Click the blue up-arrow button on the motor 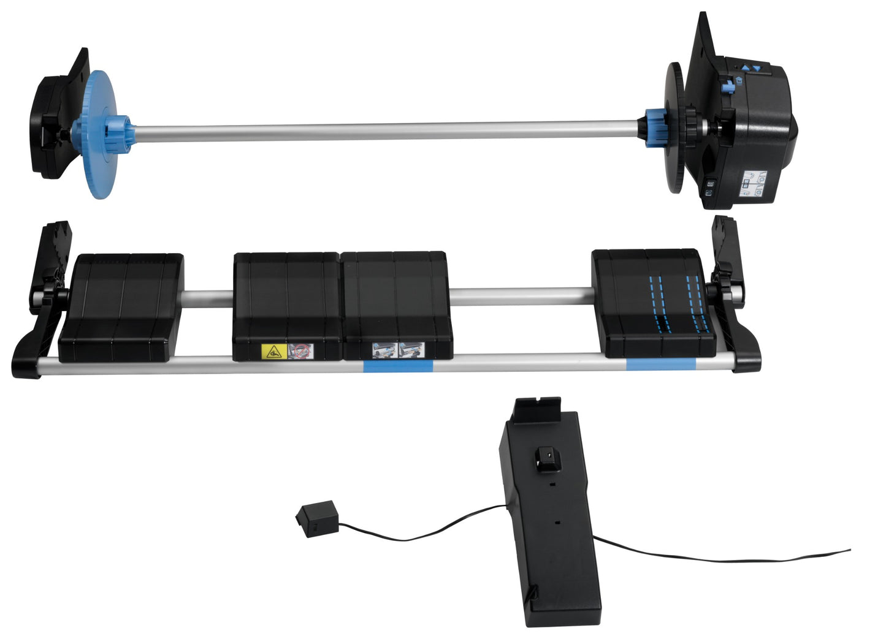[746, 69]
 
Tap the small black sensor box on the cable [317, 518]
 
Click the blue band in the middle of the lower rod [398, 366]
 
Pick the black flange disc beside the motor [674, 129]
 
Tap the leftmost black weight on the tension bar [121, 306]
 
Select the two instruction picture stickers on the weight [398, 350]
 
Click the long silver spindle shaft [386, 130]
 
